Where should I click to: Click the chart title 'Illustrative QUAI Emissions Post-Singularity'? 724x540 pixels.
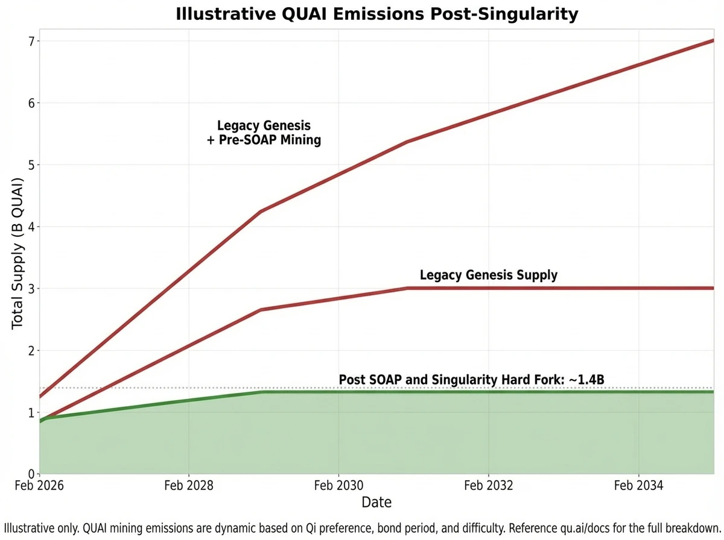click(x=376, y=14)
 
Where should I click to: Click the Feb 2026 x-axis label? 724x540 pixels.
click(x=40, y=486)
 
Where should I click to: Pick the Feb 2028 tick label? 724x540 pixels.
click(x=189, y=486)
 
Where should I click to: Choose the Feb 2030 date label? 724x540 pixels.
click(x=338, y=486)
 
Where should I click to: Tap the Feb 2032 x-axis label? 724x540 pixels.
click(x=488, y=486)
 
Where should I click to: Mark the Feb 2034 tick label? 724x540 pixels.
click(x=638, y=486)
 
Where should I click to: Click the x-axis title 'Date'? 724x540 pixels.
click(x=376, y=502)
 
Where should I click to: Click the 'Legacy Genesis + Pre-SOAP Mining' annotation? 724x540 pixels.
click(x=264, y=133)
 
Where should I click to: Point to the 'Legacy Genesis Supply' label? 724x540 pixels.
click(x=488, y=275)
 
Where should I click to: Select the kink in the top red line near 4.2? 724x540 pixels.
click(x=261, y=211)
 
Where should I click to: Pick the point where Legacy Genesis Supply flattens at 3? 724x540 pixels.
click(x=408, y=288)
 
